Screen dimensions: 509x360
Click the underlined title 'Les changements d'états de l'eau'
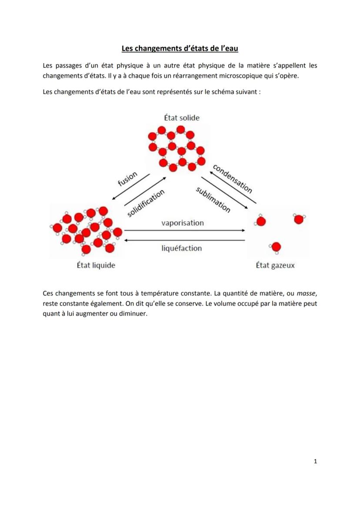[x=180, y=49]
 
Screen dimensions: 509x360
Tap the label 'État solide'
[x=182, y=117]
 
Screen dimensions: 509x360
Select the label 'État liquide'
[x=96, y=265]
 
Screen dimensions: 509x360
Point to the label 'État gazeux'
[x=275, y=265]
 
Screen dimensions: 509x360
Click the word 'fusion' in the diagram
[x=128, y=178]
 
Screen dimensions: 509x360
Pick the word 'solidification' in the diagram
[x=146, y=203]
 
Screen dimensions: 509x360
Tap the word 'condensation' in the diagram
[x=233, y=178]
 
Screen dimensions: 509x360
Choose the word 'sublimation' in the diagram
[x=213, y=200]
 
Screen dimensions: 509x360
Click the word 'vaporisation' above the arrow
[x=183, y=223]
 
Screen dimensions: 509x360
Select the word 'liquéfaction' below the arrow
[x=182, y=248]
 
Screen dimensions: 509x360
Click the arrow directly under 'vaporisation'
[x=185, y=230]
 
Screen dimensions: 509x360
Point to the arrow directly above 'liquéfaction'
[x=185, y=240]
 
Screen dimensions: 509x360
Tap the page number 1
[x=315, y=461]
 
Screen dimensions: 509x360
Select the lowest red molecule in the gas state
[x=276, y=248]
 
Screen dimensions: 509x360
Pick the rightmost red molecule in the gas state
[x=298, y=219]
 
